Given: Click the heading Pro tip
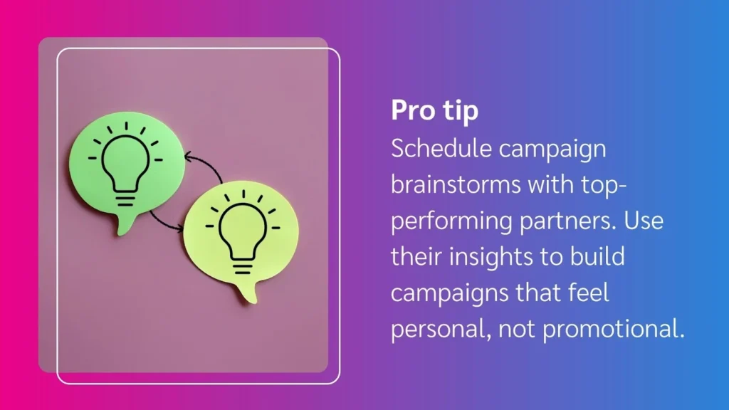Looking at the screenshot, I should click(434, 112).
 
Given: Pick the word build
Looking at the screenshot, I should click(599, 257).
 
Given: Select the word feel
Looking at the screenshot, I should click(586, 293).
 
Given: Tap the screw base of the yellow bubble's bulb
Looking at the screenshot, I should click(242, 267).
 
